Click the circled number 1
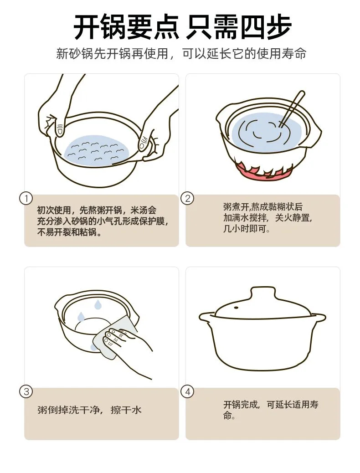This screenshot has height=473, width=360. pos(26,199)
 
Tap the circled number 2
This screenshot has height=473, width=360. pos(187,199)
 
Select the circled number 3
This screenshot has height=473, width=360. pos(26,391)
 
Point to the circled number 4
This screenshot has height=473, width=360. pos(187,391)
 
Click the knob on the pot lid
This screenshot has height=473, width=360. pos(263,294)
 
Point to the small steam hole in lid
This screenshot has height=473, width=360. pos(236,308)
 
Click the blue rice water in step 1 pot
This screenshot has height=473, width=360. pos(98,150)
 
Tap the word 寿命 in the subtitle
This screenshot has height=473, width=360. pos(294,54)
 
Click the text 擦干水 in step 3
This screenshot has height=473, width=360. pos(126,410)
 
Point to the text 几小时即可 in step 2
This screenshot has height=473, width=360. pos(246,229)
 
